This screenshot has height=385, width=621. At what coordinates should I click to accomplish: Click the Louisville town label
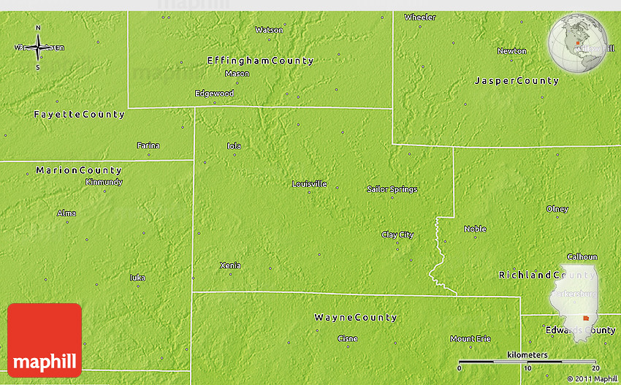(309, 183)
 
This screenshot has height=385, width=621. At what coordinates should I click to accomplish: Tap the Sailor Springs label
(392, 189)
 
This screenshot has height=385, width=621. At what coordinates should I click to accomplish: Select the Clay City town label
(397, 235)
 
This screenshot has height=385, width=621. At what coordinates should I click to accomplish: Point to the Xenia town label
(230, 265)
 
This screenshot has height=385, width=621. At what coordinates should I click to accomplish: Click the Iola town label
(234, 145)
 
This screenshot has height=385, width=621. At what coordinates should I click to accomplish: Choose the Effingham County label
(260, 61)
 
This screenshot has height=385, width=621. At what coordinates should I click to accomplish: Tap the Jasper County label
(517, 80)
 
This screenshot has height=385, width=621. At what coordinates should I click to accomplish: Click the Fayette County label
(80, 115)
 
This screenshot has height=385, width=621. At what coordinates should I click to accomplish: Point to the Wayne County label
(355, 318)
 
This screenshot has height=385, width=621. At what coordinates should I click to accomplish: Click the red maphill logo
(45, 340)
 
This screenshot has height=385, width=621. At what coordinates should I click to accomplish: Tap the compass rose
(38, 48)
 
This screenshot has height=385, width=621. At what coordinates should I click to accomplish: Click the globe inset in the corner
(578, 43)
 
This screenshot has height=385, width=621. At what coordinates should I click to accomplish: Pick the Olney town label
(557, 209)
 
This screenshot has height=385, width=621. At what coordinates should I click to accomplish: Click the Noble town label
(475, 229)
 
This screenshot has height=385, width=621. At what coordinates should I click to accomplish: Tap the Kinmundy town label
(104, 182)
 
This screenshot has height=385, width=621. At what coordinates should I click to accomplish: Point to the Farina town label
(148, 145)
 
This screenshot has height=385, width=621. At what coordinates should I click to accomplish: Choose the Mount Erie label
(470, 338)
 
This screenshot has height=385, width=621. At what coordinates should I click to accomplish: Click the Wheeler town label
(420, 17)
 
